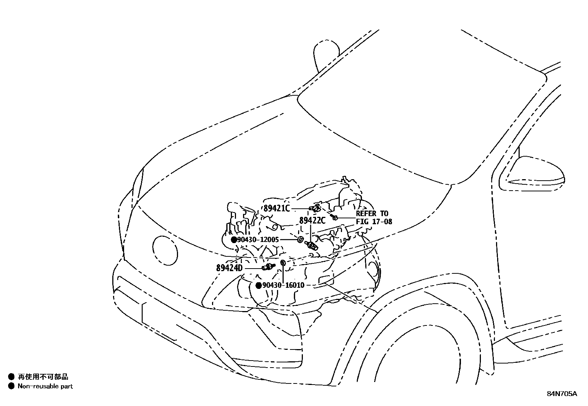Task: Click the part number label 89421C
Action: (x=277, y=208)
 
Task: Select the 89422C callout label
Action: (x=312, y=221)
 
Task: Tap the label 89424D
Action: (x=229, y=267)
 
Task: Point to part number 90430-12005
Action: (x=258, y=240)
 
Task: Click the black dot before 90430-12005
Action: (x=234, y=240)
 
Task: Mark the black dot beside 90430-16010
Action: (x=259, y=286)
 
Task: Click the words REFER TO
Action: (x=372, y=214)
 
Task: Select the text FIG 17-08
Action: (x=374, y=222)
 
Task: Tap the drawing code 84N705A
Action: (x=561, y=394)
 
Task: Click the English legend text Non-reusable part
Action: (x=45, y=386)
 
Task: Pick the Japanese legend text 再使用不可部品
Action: (x=43, y=377)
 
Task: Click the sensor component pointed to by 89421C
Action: (x=316, y=208)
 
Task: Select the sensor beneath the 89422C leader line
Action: (x=312, y=246)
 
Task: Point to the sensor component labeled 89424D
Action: (x=269, y=267)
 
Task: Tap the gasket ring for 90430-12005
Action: (x=300, y=240)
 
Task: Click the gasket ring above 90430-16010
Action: (x=283, y=263)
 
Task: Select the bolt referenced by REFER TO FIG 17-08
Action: (x=335, y=217)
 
